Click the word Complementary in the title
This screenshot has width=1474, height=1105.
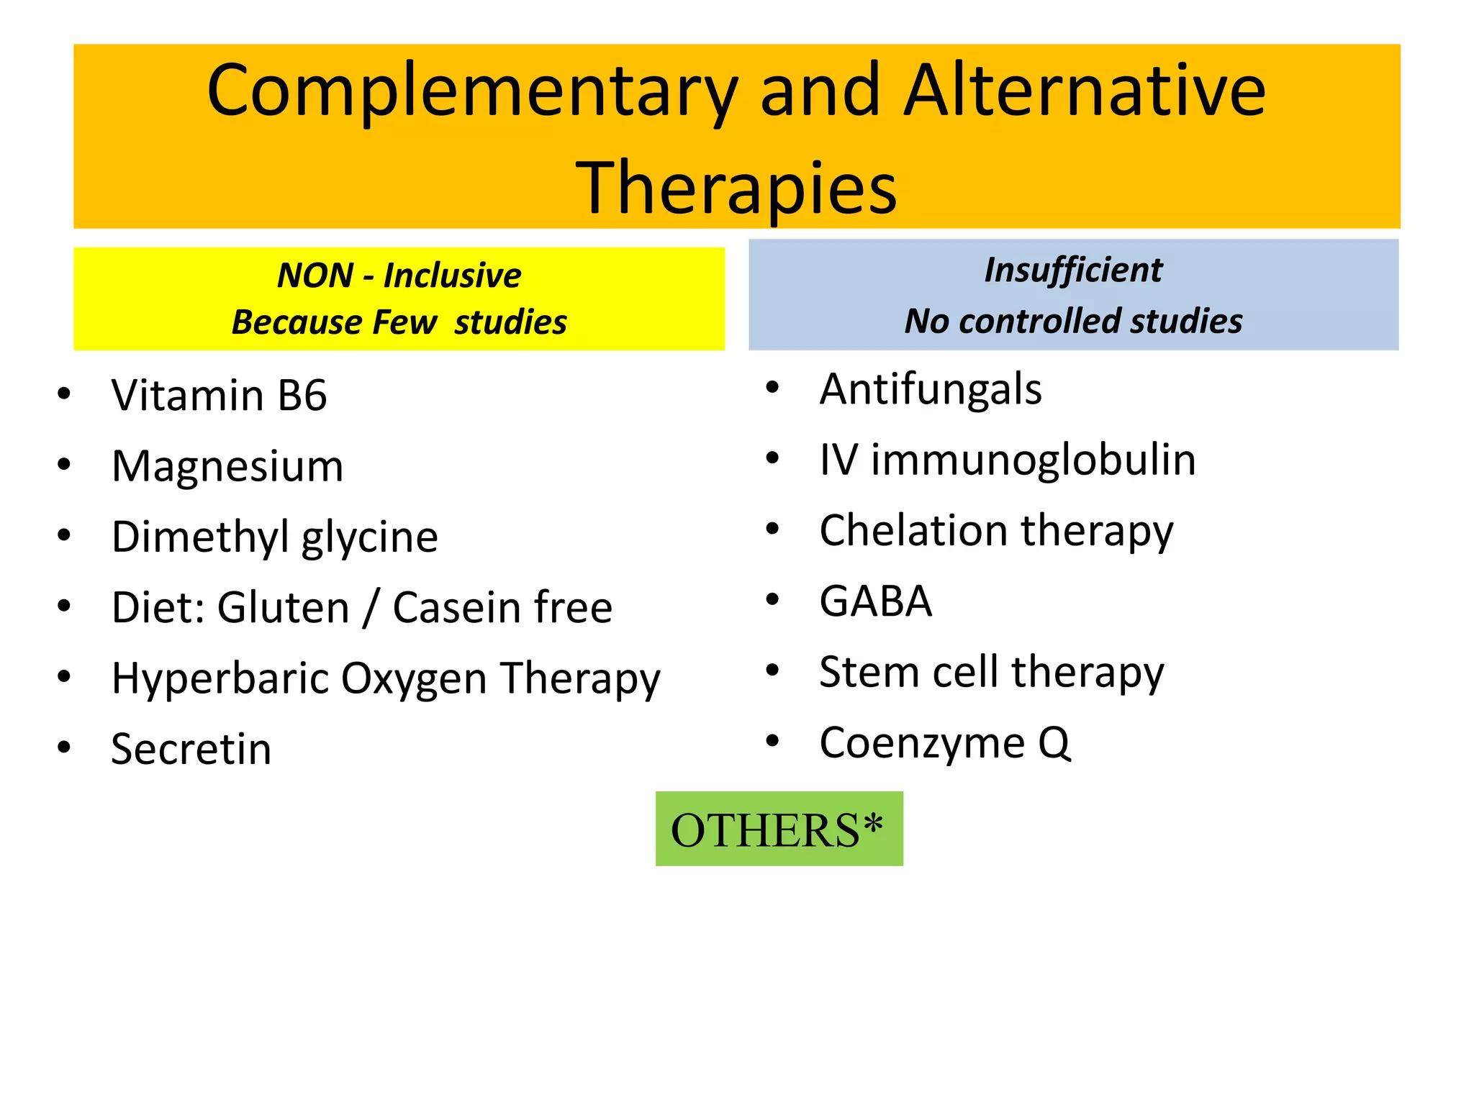(471, 92)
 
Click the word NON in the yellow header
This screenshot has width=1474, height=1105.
(315, 276)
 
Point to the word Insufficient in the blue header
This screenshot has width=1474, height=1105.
(1072, 270)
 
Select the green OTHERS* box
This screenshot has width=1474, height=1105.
(779, 829)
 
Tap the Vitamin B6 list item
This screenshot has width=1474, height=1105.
(219, 396)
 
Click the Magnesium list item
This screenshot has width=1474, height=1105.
(227, 466)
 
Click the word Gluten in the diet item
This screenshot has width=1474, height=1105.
(284, 607)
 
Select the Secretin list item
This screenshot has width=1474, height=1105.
(191, 749)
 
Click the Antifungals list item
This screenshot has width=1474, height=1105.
(930, 390)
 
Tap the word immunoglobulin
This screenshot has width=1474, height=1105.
(1033, 460)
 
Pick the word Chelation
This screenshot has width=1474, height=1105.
(913, 531)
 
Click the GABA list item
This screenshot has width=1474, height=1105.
(875, 601)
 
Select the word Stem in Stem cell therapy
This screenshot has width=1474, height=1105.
(868, 672)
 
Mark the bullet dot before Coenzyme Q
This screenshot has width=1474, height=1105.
(772, 741)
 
